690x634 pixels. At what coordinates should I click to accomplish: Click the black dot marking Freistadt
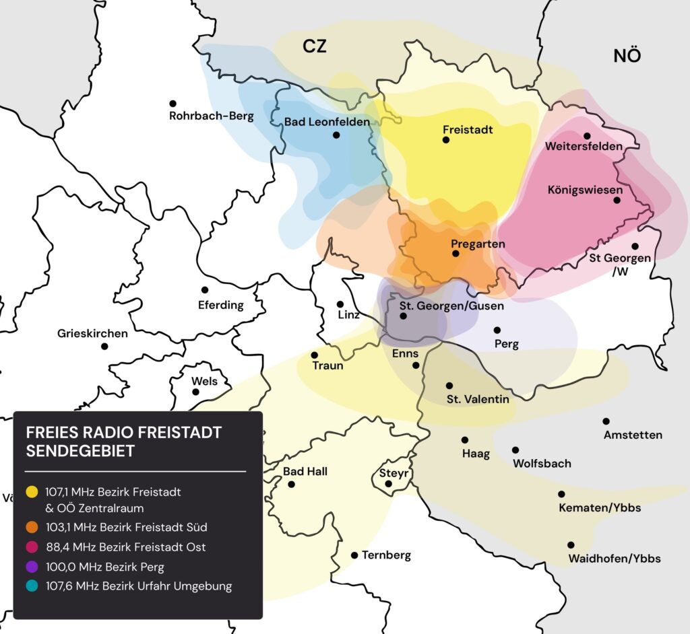[445, 140]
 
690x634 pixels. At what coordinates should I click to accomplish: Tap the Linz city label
[349, 316]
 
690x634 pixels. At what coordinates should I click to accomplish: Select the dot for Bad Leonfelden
[336, 135]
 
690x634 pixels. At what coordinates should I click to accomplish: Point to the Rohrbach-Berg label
[212, 116]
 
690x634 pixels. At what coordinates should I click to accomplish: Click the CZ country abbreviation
[314, 46]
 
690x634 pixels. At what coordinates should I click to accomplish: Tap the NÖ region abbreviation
[627, 56]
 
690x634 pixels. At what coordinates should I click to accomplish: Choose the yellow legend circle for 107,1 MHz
[30, 492]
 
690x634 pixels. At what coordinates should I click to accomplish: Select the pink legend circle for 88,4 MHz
[30, 547]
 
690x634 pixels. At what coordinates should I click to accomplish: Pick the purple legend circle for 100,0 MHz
[30, 567]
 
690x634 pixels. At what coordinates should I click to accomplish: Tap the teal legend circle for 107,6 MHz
[30, 586]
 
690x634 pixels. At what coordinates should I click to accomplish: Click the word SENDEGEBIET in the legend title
[80, 451]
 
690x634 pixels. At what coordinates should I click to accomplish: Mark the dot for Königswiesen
[617, 200]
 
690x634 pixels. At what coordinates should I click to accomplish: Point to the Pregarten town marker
[456, 254]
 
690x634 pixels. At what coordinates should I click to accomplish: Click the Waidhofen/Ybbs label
[615, 559]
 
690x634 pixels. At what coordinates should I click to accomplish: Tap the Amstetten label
[633, 435]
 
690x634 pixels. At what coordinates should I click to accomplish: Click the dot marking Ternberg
[354, 555]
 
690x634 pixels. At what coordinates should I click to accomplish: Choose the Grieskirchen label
[92, 333]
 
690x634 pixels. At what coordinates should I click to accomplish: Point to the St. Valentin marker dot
[449, 386]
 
